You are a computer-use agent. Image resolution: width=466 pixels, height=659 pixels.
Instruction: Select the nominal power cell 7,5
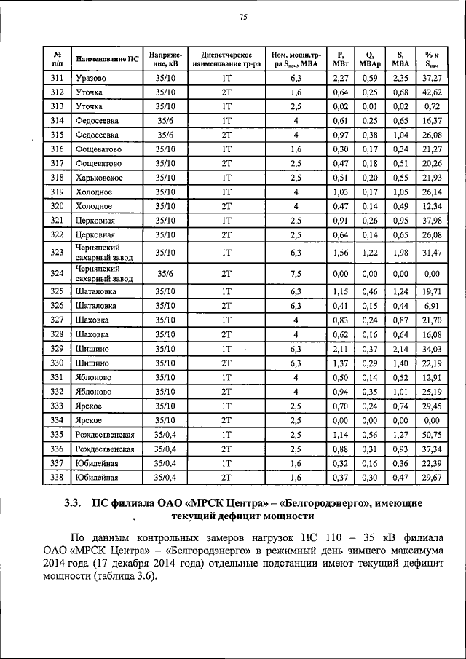point(295,274)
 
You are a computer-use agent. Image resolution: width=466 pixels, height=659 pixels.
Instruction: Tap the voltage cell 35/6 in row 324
point(165,274)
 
